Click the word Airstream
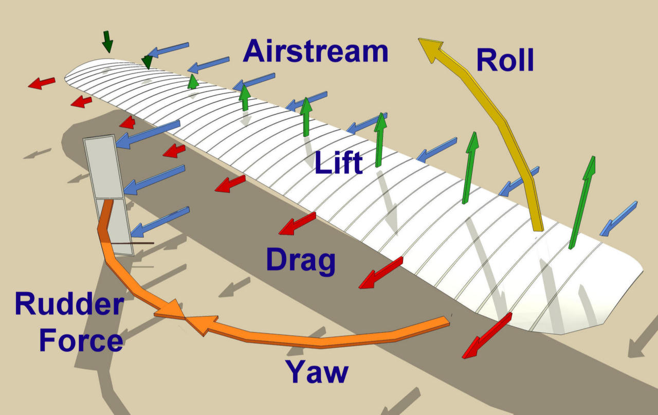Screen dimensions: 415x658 pos(315,51)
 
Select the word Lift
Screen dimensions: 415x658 pos(338,163)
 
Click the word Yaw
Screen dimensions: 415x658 pos(317,372)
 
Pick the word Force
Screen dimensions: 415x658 pos(81,340)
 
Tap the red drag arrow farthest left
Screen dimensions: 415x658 pos(41,83)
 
